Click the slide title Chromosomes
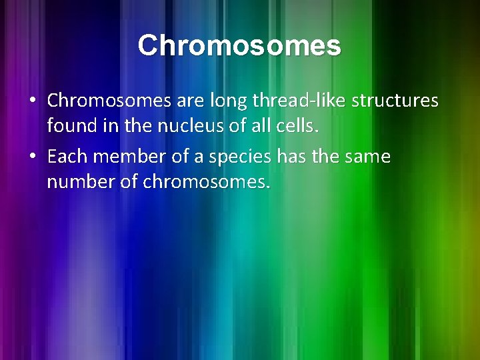[x=239, y=46]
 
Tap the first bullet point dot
[x=33, y=101]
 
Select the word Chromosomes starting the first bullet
[x=110, y=101]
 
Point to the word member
[x=125, y=157]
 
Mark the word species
[x=232, y=157]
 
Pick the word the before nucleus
[x=137, y=125]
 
